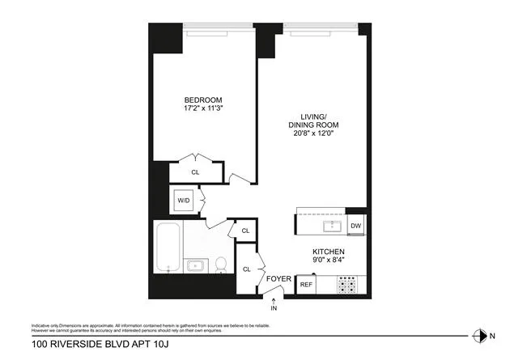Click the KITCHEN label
[x=329, y=252]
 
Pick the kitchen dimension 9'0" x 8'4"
[x=329, y=262]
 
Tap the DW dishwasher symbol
[x=355, y=226]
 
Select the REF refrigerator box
[x=306, y=285]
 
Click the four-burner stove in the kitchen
[x=347, y=285]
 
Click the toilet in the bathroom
[x=219, y=265]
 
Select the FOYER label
[x=278, y=280]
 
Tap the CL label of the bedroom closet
[x=195, y=172]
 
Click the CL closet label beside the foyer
[x=246, y=269]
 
